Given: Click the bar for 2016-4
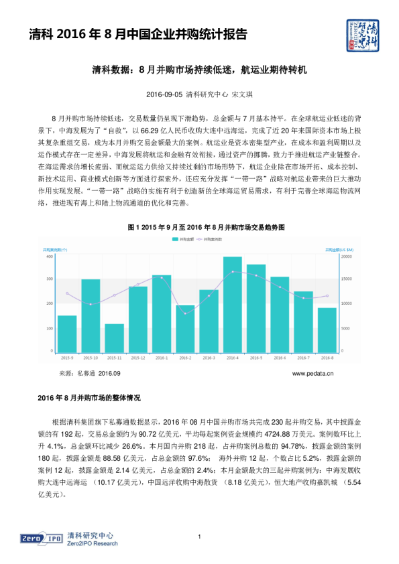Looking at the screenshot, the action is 233,304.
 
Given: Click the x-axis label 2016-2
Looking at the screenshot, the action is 186,358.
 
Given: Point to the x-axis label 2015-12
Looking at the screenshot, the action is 138,358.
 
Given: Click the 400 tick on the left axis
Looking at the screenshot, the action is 50,257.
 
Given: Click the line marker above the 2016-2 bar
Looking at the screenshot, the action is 186,313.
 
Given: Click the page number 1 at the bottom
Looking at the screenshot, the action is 200,537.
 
